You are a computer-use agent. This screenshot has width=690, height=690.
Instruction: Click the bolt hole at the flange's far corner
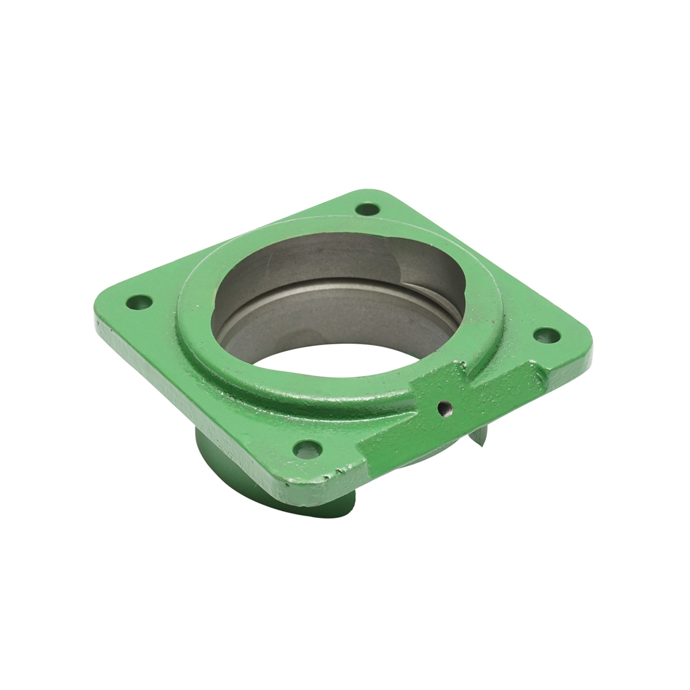pos(364,210)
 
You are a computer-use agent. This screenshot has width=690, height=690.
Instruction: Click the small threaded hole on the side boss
pos(442,409)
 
